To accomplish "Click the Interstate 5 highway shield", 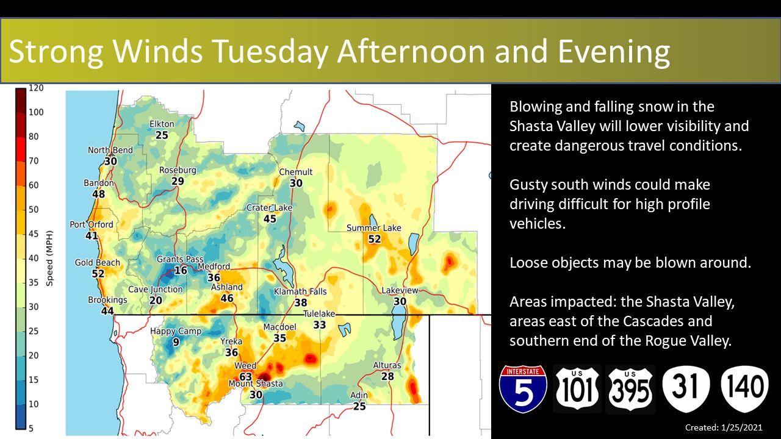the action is (523, 389).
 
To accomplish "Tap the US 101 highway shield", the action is (577, 389).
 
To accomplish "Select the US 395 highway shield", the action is (630, 389).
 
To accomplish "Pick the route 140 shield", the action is (745, 388).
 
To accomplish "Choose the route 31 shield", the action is (686, 388).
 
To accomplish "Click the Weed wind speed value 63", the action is (245, 377).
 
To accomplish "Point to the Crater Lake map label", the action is (269, 208).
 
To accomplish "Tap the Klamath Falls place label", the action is (300, 291).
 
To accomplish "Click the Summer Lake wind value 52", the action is (375, 239).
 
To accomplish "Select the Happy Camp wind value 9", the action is (176, 342).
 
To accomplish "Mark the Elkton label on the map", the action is (162, 124).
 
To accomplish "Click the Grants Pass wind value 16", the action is (181, 270).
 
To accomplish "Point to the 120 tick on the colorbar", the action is (36, 88).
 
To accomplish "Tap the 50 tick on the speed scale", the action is (34, 209).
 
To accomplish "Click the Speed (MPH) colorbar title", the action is (49, 258).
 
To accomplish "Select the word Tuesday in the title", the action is (270, 51).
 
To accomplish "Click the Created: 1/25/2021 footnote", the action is (724, 427).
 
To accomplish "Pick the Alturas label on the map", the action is (387, 365).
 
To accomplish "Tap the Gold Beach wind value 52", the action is (98, 274).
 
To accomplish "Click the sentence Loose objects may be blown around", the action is (630, 262).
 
